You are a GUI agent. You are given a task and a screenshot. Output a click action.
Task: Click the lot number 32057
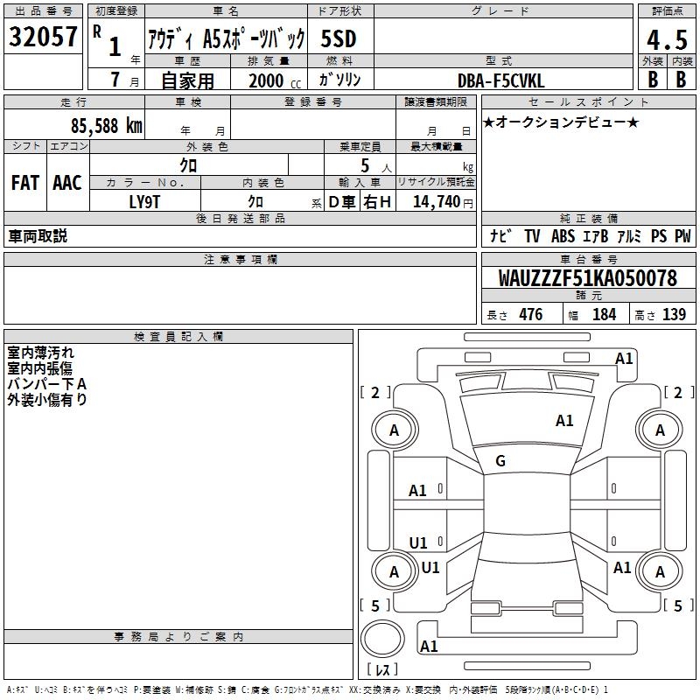(x=43, y=37)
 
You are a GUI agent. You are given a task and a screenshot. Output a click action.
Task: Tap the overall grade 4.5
(x=667, y=39)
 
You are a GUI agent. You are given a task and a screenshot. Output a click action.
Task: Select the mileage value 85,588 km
(x=106, y=126)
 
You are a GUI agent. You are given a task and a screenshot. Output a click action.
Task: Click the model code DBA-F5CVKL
(x=500, y=80)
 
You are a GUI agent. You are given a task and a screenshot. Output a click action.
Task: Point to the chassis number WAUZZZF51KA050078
(x=587, y=277)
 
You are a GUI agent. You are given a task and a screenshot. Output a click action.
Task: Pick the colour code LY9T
(x=144, y=202)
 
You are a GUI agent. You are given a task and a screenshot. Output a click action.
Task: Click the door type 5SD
(x=339, y=38)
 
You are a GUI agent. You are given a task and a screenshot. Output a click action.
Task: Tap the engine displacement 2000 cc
(x=275, y=80)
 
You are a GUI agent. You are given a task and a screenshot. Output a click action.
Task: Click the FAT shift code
(x=25, y=183)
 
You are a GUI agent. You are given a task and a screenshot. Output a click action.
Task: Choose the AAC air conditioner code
(x=67, y=183)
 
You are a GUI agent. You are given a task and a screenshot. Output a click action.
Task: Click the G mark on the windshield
(x=500, y=461)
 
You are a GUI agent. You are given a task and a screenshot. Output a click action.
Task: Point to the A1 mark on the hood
(x=564, y=421)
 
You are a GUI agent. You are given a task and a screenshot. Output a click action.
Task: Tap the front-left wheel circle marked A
(x=395, y=430)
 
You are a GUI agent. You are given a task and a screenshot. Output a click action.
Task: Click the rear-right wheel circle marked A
(x=660, y=571)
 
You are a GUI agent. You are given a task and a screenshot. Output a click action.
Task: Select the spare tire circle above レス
(x=382, y=638)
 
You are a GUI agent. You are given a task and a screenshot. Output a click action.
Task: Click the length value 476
(x=531, y=314)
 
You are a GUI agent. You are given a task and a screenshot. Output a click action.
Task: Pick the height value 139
(x=674, y=314)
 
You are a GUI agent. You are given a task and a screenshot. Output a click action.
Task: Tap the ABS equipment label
(x=563, y=236)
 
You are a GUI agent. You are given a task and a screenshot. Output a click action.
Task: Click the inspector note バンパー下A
(x=47, y=384)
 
